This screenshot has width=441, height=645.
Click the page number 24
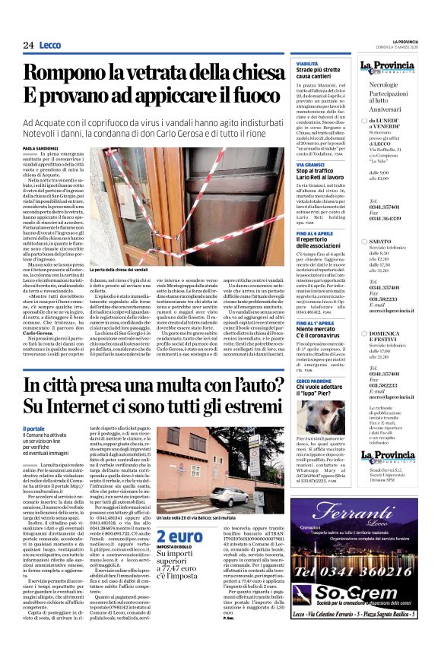(29, 45)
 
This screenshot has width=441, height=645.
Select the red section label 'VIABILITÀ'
(307, 64)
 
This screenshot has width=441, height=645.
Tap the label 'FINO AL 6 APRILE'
(314, 232)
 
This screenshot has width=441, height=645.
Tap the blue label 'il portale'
(35, 429)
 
